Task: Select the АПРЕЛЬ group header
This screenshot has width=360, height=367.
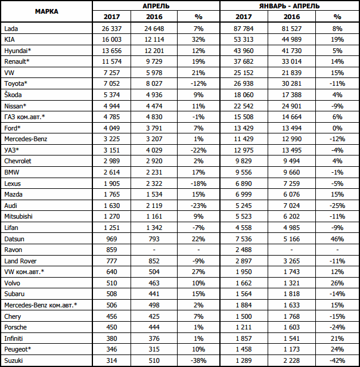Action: coord(157,6)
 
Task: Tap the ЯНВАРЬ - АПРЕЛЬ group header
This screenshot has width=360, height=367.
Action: coord(289,6)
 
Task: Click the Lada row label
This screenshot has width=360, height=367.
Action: coord(11,28)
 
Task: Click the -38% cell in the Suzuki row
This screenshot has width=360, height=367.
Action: coord(199,360)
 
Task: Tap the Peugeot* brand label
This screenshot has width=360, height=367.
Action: coord(17,349)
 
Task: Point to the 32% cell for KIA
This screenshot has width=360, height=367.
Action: coord(199,39)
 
